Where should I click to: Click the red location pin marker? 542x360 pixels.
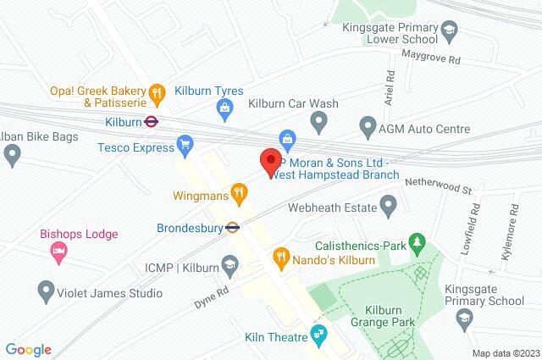270,161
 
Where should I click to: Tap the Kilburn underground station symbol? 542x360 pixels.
150,121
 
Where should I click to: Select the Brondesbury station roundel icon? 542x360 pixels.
230,227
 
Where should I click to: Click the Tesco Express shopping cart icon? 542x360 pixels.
185,145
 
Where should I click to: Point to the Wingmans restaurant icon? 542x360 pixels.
240,193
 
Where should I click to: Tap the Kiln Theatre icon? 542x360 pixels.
318,332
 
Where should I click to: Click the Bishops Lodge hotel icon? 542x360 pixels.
58,250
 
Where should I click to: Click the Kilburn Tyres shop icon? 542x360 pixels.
224,106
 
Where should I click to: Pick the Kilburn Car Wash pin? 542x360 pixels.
319,123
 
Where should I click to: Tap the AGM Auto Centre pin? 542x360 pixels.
368,128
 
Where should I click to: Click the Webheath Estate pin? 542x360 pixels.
389,204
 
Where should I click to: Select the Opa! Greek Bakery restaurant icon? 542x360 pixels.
156,91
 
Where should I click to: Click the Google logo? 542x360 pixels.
28,350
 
